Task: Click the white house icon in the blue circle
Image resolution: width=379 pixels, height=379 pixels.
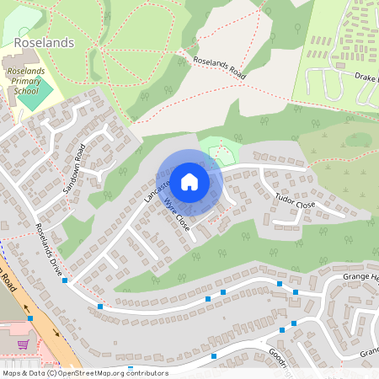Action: pos(189,182)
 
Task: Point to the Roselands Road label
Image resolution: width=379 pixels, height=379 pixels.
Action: pos(219,69)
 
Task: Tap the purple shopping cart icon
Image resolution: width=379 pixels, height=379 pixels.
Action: pos(23,344)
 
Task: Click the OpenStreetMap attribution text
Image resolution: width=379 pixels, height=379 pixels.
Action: pos(85,373)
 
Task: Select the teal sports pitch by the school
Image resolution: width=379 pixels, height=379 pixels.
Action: pos(30,99)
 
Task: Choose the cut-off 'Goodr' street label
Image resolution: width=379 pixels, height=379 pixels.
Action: pos(280,358)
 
